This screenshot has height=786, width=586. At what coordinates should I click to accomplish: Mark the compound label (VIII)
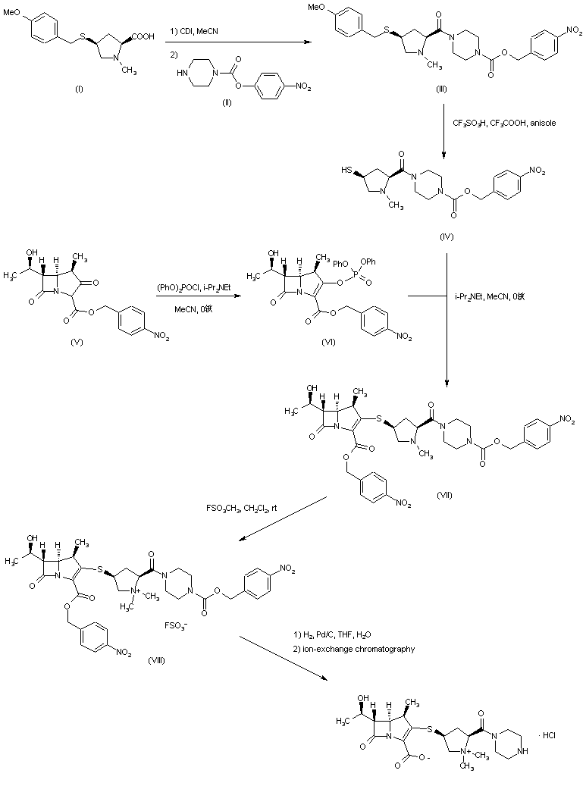159,660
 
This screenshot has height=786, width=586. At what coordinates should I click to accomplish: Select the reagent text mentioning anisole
503,123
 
